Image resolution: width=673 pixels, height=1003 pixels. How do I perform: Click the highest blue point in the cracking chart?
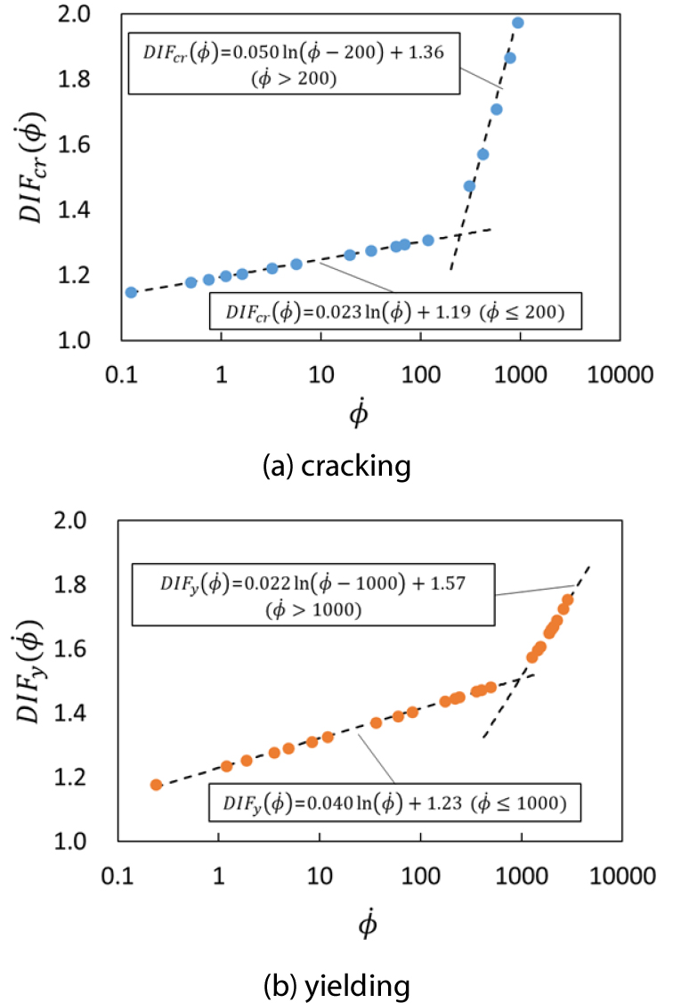(x=518, y=23)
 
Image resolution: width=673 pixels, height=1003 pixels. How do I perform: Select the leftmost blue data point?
(x=132, y=292)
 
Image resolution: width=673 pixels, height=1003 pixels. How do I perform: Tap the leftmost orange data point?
(x=157, y=785)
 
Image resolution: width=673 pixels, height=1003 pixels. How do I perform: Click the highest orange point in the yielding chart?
(x=567, y=599)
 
